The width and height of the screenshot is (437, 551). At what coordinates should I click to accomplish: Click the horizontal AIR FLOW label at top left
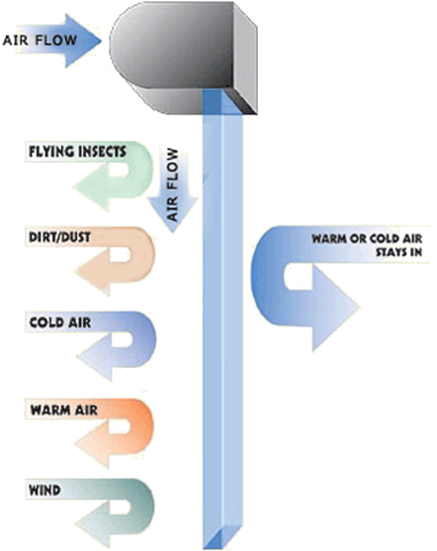pos(40,40)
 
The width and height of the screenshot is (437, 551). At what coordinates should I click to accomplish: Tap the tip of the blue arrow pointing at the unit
pos(102,41)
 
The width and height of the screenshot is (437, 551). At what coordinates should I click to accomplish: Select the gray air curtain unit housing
pos(183,57)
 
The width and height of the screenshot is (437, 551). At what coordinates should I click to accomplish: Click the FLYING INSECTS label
pos(77,151)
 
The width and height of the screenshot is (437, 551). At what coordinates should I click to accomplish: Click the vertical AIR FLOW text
pos(172,185)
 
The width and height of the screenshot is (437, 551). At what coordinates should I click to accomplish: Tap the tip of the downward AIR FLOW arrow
pos(172,232)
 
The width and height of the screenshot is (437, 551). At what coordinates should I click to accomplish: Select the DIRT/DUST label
pos(59,237)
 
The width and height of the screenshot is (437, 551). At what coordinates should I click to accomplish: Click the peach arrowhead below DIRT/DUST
pos(93,272)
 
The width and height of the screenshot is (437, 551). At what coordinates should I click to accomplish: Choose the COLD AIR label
pos(60,322)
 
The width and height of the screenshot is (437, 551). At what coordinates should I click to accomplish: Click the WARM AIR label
pos(64,411)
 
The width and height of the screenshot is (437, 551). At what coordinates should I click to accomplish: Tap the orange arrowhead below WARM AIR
pos(93,443)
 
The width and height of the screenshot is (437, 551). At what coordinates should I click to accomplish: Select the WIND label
pos(44,491)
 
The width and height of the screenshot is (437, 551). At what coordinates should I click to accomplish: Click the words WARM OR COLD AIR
pos(367,239)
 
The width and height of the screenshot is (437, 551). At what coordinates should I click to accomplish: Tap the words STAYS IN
pos(399,252)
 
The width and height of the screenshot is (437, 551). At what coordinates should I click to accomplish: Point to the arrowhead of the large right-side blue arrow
pos(335,308)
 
